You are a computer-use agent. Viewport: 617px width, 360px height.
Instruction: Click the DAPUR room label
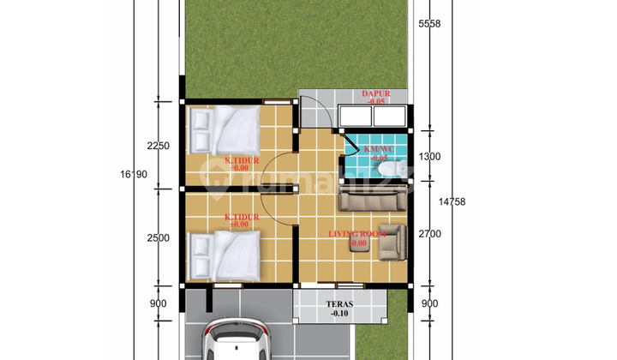(x=374, y=93)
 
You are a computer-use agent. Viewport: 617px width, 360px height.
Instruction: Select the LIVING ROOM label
(x=357, y=233)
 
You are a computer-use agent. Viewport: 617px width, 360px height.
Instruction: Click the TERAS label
(x=340, y=303)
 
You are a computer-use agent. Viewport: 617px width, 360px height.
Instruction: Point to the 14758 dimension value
(x=453, y=202)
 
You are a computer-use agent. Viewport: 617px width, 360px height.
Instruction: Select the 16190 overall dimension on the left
(x=135, y=176)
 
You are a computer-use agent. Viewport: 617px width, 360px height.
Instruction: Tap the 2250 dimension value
(x=159, y=146)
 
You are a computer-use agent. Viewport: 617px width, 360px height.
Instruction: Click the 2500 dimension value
(x=159, y=237)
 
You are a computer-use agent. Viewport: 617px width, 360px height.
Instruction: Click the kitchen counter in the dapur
(x=374, y=117)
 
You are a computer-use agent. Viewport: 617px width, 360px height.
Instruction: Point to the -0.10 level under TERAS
(x=340, y=315)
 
